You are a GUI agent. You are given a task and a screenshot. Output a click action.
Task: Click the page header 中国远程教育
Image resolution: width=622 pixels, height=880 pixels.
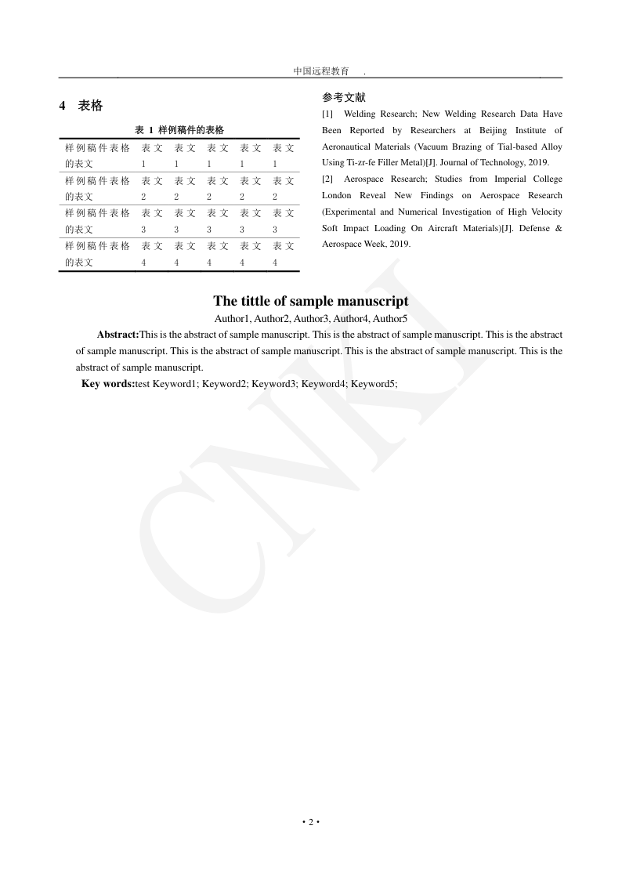click(321, 71)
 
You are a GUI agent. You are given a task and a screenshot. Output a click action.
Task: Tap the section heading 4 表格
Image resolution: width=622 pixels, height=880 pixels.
click(81, 106)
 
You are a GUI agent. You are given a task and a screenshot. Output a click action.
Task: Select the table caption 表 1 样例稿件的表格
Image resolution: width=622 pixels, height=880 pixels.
click(179, 130)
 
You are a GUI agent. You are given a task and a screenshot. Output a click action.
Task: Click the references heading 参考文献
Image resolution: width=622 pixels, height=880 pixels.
click(343, 98)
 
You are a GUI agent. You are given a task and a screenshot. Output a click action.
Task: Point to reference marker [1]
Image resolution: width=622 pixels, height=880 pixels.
click(327, 114)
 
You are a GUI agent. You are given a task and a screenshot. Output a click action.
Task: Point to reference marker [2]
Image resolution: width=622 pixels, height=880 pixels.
click(327, 179)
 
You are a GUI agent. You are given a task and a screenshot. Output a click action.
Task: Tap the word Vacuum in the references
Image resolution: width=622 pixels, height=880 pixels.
click(432, 147)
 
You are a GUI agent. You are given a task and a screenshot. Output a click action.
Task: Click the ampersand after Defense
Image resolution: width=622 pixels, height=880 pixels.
click(559, 228)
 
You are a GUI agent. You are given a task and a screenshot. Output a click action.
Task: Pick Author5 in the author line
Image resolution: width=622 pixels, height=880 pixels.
click(390, 319)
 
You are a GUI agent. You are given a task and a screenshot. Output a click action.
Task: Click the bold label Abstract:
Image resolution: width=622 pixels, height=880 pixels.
click(118, 335)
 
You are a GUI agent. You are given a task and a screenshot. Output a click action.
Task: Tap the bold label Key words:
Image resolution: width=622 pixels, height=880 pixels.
click(108, 384)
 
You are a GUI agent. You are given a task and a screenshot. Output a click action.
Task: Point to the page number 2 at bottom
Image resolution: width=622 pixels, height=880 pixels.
click(310, 822)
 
